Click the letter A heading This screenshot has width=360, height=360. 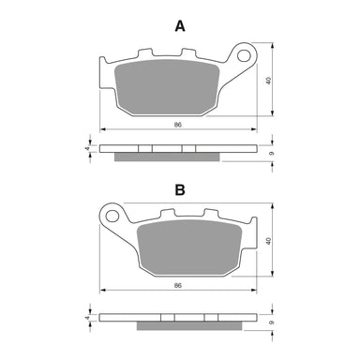[180, 26]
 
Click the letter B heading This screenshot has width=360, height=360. [180, 188]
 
